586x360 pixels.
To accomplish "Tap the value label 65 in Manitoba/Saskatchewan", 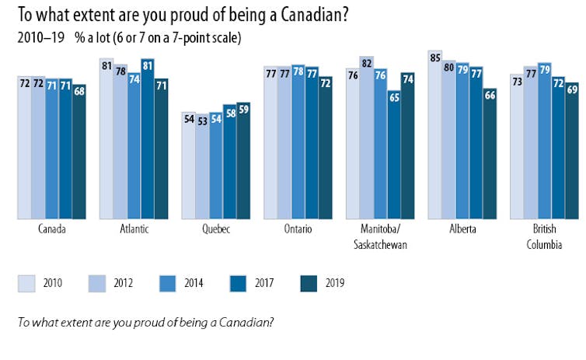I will pyautogui.click(x=394, y=97).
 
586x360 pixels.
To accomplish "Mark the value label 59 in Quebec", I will pyautogui.click(x=243, y=108).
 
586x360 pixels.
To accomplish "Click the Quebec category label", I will pyautogui.click(x=215, y=229).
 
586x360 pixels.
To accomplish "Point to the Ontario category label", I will pyautogui.click(x=298, y=229).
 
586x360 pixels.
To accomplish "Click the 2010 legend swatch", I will pyautogui.click(x=27, y=284).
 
